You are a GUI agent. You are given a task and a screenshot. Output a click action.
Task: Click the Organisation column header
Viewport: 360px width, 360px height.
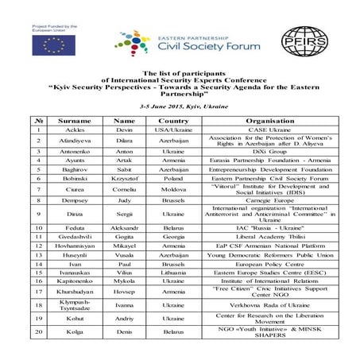[x=273, y=120]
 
